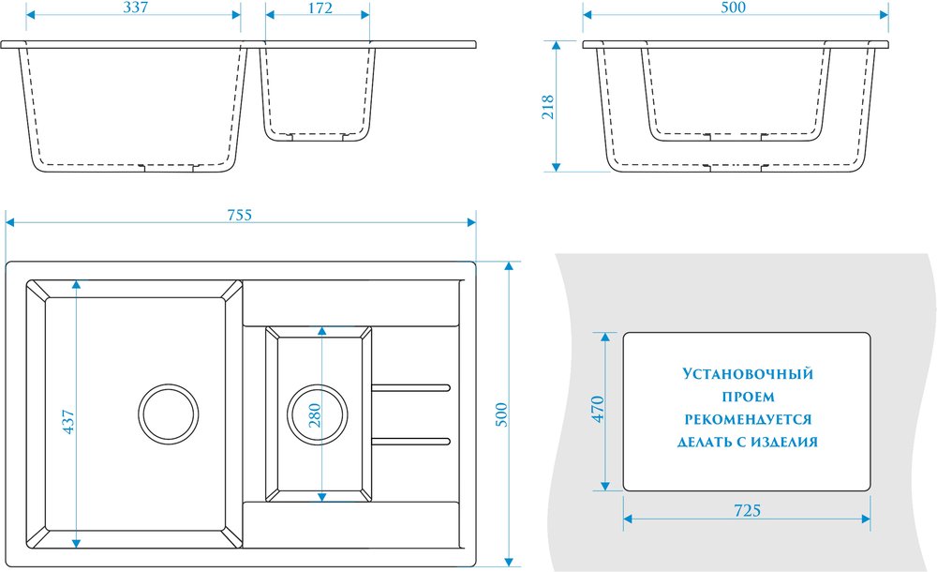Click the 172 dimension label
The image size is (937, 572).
pos(319,8)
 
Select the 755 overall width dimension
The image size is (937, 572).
pos(239,215)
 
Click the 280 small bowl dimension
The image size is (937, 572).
pos(314,414)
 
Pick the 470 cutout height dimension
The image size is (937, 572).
pos(598,411)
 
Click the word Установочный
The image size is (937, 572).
pos(748,374)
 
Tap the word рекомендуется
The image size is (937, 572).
pos(748,419)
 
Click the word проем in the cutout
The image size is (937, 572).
pos(748,397)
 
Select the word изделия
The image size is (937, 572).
pos(785,442)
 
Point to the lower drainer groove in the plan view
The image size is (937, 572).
pos(413,440)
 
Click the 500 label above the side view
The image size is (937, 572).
pos(734,8)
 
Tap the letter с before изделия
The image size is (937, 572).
pos(745,442)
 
